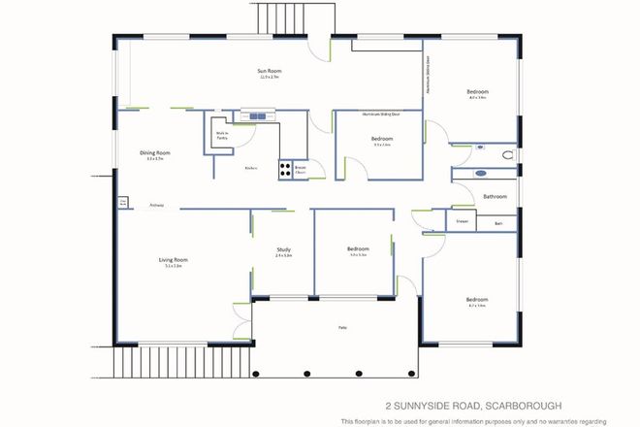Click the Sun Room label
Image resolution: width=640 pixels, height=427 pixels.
270,72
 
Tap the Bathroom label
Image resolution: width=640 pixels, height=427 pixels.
495,197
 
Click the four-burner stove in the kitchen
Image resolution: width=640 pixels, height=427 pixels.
287,170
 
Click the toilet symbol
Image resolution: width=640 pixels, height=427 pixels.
508,153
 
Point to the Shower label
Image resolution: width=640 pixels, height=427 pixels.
463,222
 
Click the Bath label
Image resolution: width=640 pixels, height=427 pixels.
497,223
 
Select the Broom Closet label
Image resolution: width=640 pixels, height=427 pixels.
302,169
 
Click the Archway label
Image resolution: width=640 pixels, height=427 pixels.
155,206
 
